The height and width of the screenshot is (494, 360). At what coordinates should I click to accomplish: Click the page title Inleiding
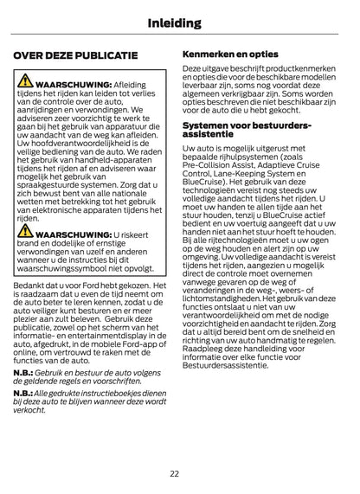tap(179, 23)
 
